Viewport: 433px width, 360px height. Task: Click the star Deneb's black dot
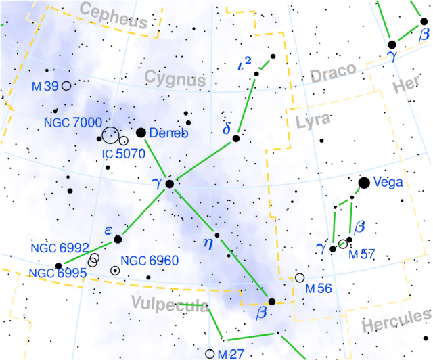(x=141, y=133)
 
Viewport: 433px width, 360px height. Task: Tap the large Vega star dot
(x=364, y=182)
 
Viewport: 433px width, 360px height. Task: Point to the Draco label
(x=333, y=73)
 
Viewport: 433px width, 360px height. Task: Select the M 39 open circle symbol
(x=66, y=86)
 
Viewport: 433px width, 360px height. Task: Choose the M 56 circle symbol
(x=300, y=277)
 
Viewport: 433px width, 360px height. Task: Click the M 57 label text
(x=361, y=255)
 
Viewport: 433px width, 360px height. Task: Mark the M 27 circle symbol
(x=210, y=353)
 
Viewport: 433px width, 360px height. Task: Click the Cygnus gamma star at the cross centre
(x=170, y=183)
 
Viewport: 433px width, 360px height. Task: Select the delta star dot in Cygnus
(x=236, y=138)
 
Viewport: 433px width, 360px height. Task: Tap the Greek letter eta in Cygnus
(x=208, y=242)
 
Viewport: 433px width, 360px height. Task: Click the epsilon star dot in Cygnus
(x=118, y=239)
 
